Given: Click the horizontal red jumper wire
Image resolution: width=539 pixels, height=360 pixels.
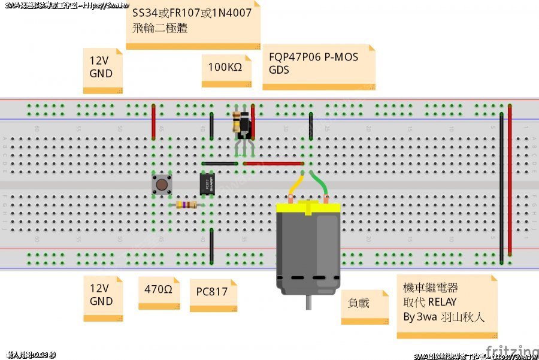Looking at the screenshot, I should click(272, 163).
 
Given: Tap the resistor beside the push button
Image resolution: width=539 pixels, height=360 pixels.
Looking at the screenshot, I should click(187, 205).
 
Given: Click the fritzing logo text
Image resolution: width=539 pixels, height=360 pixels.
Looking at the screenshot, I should click(511, 351).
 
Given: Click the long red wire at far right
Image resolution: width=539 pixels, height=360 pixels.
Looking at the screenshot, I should click(510, 180).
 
